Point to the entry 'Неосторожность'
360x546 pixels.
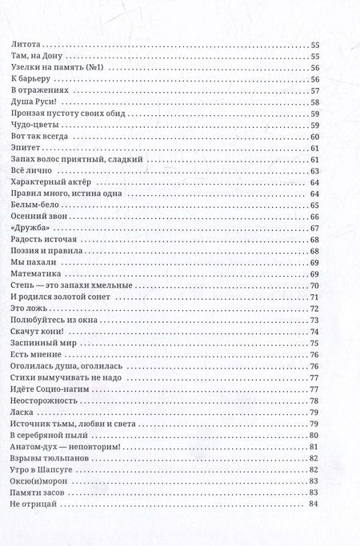click(x=44, y=401)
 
